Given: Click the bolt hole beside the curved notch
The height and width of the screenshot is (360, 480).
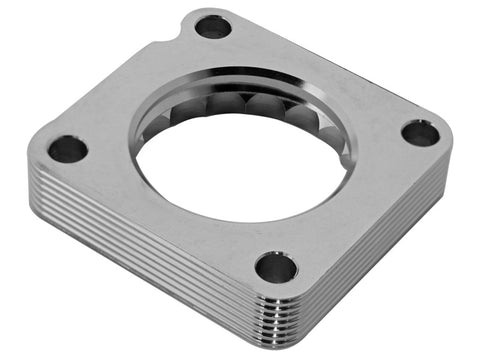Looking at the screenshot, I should (x=212, y=27).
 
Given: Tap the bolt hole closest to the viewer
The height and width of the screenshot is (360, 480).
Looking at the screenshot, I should (x=275, y=267).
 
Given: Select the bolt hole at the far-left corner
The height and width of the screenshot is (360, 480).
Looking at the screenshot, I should (x=68, y=150).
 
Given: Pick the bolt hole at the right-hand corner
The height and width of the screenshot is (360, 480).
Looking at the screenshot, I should (x=420, y=132).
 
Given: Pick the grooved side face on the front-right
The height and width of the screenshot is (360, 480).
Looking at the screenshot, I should (x=380, y=250).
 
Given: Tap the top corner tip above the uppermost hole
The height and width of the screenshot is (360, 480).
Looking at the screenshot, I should (x=215, y=10).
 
